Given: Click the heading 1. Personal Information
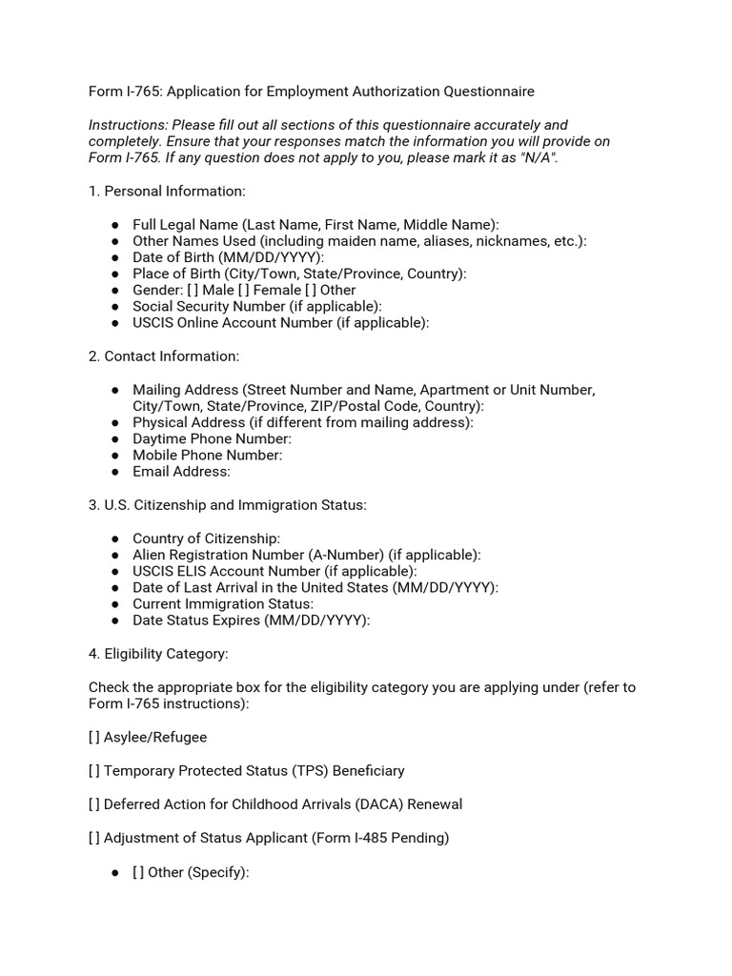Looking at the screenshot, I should (167, 191).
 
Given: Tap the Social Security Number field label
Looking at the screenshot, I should (256, 306).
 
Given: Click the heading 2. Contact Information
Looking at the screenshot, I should (164, 356).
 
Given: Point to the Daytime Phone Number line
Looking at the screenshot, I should (212, 438).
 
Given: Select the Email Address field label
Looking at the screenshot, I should (181, 471).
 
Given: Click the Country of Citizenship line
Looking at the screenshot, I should (206, 539).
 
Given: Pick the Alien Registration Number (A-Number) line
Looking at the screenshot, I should (306, 555).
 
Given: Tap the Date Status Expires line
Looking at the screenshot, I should (251, 620).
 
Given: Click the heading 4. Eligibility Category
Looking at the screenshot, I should (158, 654).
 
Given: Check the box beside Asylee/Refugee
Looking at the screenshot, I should (94, 737).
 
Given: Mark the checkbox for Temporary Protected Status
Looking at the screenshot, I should (94, 770).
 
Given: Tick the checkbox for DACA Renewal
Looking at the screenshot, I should (94, 803).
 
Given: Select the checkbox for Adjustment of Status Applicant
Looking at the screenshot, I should (94, 838).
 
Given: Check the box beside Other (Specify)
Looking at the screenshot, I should (138, 872).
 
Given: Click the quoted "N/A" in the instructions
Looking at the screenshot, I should (538, 157).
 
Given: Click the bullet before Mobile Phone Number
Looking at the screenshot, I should (115, 455).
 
